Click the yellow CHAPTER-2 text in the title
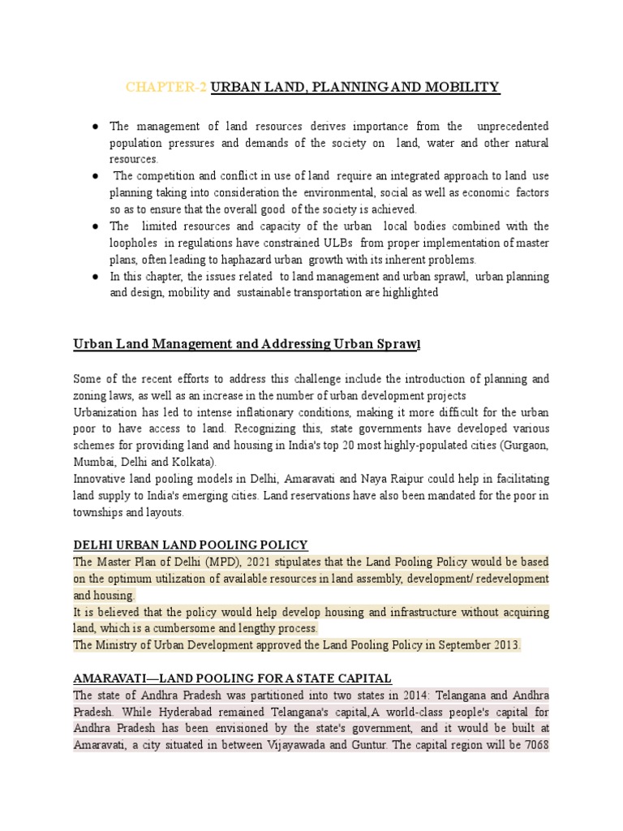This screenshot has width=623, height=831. [166, 87]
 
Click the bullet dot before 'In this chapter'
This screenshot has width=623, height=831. [95, 277]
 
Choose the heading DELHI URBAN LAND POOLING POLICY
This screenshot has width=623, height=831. [190, 545]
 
